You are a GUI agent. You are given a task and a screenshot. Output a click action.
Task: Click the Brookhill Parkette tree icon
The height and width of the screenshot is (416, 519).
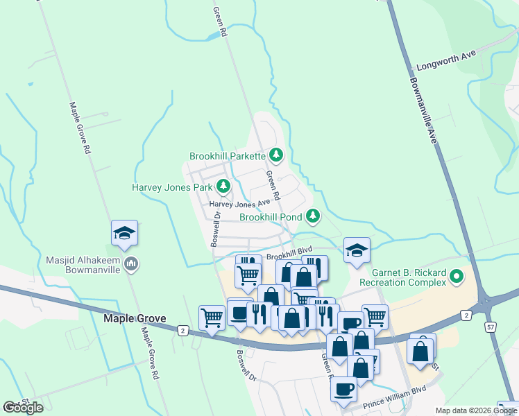pos(276,155)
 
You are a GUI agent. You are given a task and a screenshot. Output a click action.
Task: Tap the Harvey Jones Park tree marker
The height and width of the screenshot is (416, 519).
pos(223,186)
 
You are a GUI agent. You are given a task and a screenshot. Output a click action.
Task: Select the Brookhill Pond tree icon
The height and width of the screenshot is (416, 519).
pos(313,216)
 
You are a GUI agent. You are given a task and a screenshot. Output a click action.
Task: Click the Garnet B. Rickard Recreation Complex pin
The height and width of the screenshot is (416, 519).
pos(456,278)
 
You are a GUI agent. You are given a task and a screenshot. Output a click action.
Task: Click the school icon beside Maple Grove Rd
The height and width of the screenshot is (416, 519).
pos(124,233)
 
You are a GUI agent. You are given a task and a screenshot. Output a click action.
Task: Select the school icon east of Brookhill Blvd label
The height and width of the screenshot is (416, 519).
pos(357,250)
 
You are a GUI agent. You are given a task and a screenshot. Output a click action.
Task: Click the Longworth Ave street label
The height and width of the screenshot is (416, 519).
pos(446,64)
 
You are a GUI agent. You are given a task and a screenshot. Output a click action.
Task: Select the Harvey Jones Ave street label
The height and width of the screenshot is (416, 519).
pos(239,204)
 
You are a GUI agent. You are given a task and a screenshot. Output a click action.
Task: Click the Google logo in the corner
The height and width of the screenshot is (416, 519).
pos(23,407)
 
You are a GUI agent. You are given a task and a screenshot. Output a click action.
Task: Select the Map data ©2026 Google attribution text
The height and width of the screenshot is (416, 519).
pos(475,410)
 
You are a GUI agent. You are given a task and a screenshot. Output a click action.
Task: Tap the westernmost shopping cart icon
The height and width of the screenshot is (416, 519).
pos(212,318)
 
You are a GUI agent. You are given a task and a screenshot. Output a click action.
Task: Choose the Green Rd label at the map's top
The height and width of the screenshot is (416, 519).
pos(219,21)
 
